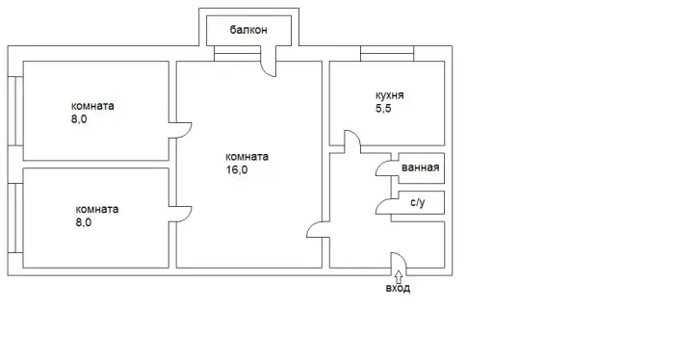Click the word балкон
click(x=248, y=30)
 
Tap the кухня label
click(x=389, y=95)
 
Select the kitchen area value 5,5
click(x=383, y=108)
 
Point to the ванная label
click(x=421, y=167)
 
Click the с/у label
click(x=417, y=202)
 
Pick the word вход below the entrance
click(x=398, y=288)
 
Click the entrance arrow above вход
click(x=399, y=275)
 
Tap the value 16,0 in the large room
click(x=237, y=169)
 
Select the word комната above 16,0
click(x=247, y=157)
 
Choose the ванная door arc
click(x=380, y=167)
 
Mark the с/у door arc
click(x=380, y=205)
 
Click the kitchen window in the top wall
click(x=387, y=53)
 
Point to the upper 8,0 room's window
click(x=15, y=111)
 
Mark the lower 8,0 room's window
click(x=15, y=218)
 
